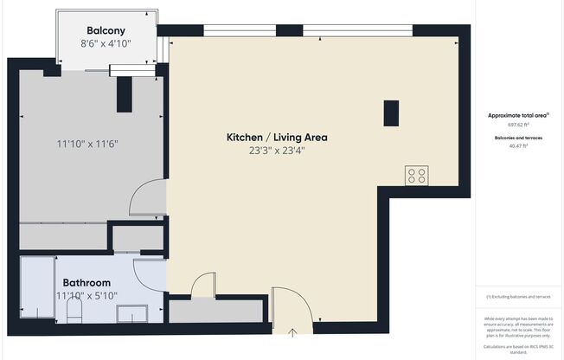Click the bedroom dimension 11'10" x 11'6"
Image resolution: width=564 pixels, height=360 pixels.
click(87, 144)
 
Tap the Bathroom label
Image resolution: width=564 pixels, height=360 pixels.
click(86, 283)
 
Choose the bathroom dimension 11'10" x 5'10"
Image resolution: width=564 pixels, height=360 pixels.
click(87, 296)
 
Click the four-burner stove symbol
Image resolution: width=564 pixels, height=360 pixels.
click(416, 176)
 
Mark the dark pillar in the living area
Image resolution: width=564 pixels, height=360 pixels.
click(391, 113)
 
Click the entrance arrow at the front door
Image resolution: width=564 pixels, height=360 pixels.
click(292, 331)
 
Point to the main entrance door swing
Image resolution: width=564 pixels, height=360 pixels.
click(294, 307)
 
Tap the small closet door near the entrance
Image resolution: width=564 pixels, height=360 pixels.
click(203, 285)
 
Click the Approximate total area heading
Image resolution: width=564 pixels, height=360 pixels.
click(518, 115)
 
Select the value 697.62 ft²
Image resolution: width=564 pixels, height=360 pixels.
click(518, 125)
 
